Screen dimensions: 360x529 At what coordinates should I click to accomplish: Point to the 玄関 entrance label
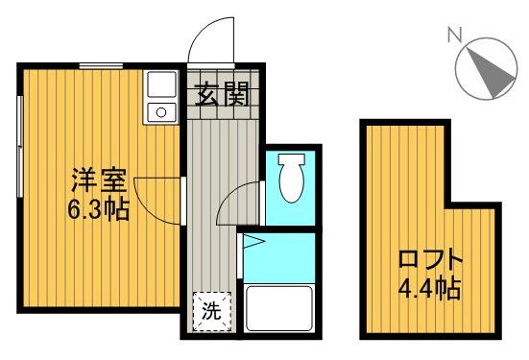point(223,95)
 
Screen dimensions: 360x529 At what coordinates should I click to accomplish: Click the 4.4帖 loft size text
point(430,285)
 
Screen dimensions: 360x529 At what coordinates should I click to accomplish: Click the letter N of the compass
point(455,36)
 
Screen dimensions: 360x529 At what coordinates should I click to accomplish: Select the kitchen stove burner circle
point(159,113)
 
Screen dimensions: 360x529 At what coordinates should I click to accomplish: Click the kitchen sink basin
point(158,85)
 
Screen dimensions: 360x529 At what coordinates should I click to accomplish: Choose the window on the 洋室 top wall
point(100,64)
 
